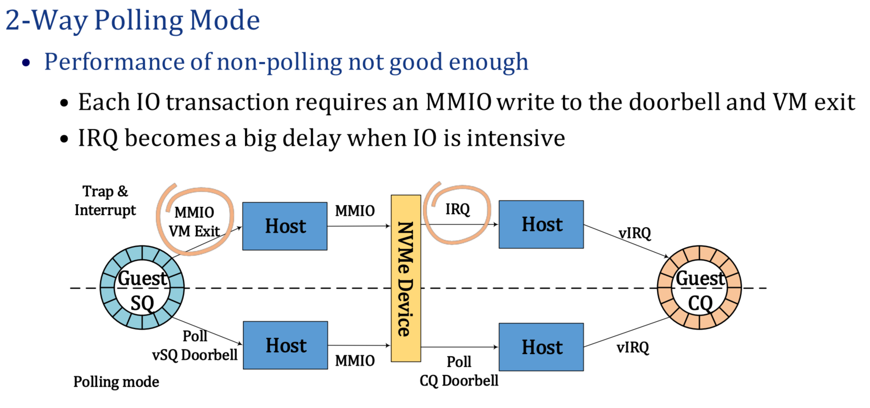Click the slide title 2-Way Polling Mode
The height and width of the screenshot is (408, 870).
tap(132, 21)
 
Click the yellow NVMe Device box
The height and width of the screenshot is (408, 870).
tap(405, 278)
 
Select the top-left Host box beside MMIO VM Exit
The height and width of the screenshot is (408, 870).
tap(285, 226)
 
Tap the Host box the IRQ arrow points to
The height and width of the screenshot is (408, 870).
tap(541, 224)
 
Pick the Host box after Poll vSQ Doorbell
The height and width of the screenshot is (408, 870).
tap(285, 346)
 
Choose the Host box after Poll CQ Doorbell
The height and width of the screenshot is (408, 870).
tap(541, 347)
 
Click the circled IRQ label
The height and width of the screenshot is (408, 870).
tap(457, 209)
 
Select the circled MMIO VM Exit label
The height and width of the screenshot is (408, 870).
tap(194, 222)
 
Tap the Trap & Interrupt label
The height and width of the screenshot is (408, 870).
tap(105, 201)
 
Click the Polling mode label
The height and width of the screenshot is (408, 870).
tap(116, 382)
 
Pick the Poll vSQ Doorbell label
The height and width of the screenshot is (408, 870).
tap(194, 346)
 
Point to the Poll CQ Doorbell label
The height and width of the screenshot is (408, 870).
tap(459, 371)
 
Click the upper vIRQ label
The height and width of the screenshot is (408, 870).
tap(634, 233)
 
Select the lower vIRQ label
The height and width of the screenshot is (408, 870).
tap(632, 348)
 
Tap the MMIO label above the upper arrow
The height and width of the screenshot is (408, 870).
tap(354, 211)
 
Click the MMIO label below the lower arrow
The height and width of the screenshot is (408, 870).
tap(354, 361)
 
